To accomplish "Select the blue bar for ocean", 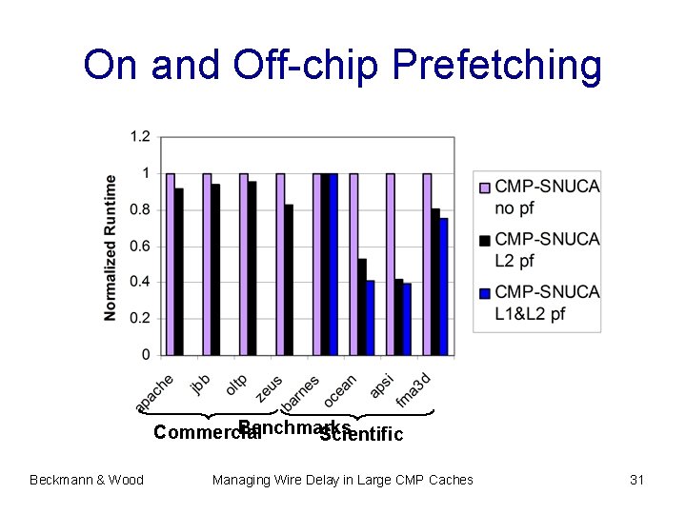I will click(x=371, y=317).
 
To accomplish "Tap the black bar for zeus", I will click(x=289, y=279).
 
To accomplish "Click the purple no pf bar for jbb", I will click(x=207, y=264).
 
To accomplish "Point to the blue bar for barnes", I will click(x=333, y=264).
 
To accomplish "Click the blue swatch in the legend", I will click(x=484, y=293).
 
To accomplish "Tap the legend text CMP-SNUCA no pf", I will click(x=547, y=196).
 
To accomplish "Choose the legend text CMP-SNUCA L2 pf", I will click(x=547, y=248).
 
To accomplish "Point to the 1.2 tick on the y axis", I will click(x=140, y=137).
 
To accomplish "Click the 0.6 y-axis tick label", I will click(x=140, y=246).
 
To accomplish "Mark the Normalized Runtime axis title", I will click(x=111, y=247).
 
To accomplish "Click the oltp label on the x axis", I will click(x=236, y=385).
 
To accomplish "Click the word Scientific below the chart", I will click(x=363, y=435).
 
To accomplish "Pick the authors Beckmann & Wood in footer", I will click(x=87, y=480).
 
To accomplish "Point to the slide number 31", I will click(x=637, y=480).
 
